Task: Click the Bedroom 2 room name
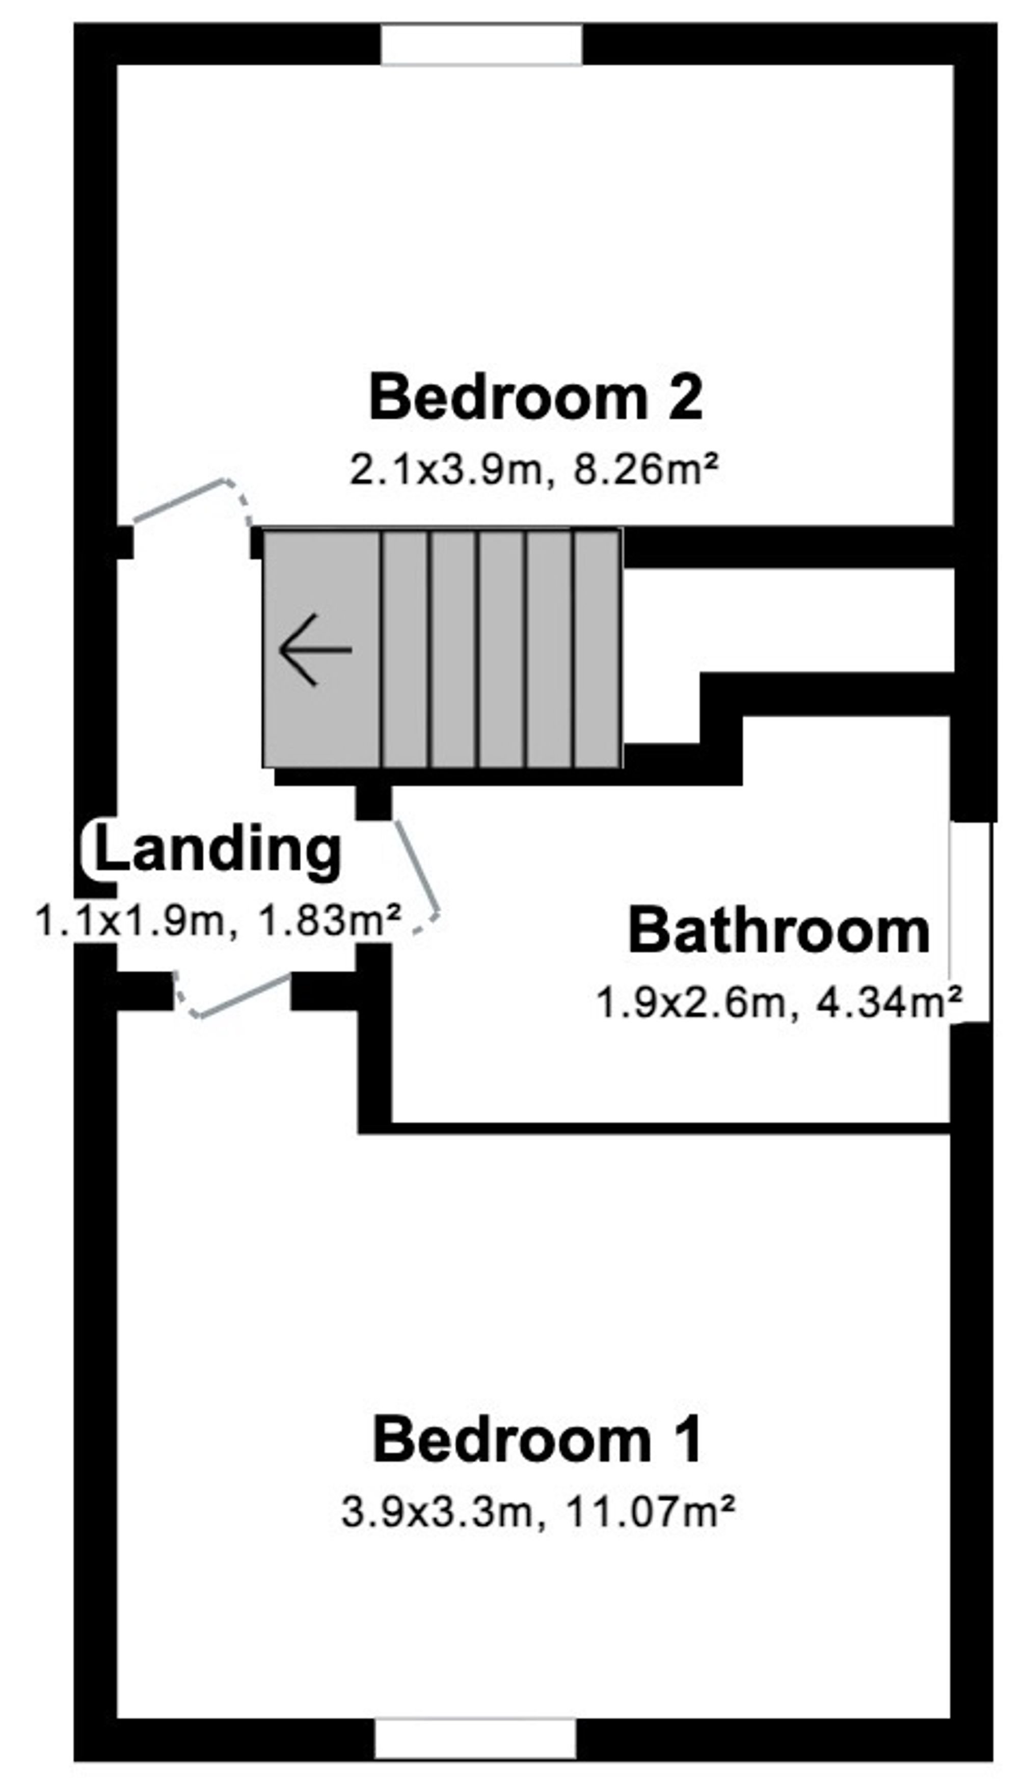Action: [535, 397]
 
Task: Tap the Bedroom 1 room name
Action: [537, 1439]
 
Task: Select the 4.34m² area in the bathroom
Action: [889, 1003]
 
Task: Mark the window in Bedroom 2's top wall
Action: [481, 45]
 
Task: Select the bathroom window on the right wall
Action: [970, 922]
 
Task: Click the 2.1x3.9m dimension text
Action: [446, 470]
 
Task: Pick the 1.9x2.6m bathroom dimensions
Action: [691, 1003]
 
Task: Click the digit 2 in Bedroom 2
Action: [684, 397]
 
